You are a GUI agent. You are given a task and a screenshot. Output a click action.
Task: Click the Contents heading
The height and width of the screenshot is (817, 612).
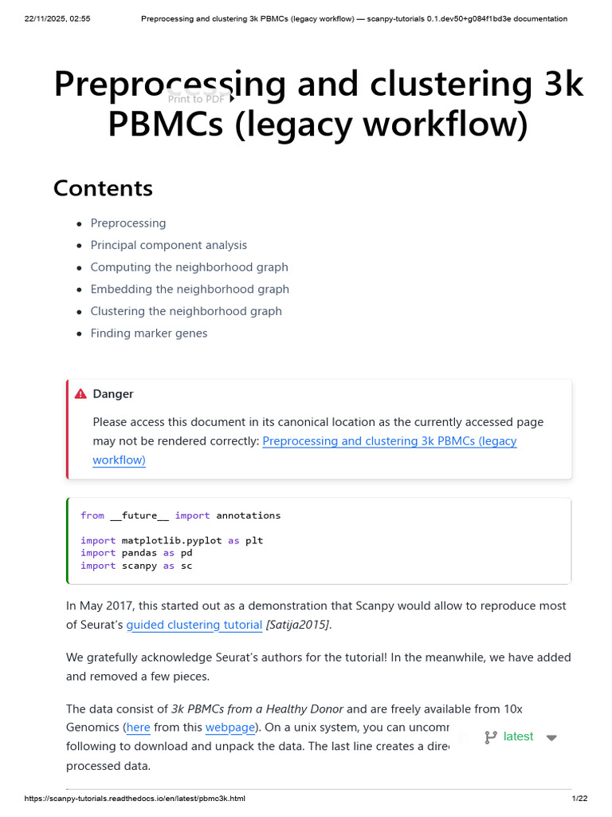(103, 188)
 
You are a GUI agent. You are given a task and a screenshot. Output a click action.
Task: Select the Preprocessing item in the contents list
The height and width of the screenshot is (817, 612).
(127, 223)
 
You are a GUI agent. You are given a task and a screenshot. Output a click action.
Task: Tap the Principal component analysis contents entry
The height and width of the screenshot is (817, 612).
(168, 245)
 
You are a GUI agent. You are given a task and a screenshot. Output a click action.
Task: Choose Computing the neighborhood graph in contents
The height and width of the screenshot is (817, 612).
(189, 267)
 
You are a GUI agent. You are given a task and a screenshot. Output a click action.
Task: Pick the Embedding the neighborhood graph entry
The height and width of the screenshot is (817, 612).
(190, 289)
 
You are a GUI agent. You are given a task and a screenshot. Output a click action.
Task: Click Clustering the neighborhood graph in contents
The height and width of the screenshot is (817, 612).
(186, 311)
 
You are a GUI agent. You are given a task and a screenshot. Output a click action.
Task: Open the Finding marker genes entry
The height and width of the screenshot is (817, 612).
(148, 334)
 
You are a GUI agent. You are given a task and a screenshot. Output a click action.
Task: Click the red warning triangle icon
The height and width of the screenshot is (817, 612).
(80, 394)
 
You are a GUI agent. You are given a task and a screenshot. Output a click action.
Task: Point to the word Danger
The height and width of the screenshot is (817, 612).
(113, 394)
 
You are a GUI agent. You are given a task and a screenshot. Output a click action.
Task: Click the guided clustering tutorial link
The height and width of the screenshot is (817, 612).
(194, 625)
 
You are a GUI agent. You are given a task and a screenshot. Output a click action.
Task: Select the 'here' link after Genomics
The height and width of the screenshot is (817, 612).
(138, 728)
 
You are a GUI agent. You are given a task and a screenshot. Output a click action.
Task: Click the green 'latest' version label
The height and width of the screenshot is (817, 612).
(518, 736)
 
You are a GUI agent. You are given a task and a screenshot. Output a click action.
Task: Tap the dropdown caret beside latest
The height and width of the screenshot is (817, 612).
(551, 738)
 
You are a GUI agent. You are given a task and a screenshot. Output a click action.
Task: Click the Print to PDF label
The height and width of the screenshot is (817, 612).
(196, 99)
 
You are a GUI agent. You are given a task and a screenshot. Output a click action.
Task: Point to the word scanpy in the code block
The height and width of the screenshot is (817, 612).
(139, 566)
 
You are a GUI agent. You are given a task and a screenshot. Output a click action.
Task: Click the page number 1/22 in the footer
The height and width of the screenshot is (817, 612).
(579, 799)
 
